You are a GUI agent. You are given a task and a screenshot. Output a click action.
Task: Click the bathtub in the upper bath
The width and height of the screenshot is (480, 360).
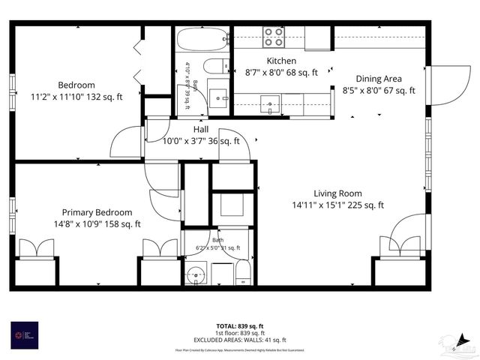[203, 38]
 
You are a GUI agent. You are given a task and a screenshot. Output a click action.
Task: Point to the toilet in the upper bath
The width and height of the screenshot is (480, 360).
[214, 66]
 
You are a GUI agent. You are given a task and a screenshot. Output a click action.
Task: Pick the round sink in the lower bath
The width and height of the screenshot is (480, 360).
[197, 274]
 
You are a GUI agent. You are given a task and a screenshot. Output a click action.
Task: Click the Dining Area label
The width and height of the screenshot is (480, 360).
[378, 79]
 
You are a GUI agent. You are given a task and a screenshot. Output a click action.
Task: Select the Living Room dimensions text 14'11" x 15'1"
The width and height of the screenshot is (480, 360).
[337, 205]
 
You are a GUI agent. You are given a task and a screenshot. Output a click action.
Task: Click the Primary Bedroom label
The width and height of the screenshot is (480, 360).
[97, 212]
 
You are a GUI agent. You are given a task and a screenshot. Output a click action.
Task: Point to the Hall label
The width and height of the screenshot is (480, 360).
[200, 129]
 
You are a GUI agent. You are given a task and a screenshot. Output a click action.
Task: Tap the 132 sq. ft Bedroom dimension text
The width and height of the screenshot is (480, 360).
[77, 97]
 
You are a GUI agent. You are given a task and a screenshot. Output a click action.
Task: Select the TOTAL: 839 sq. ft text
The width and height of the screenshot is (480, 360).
[240, 326]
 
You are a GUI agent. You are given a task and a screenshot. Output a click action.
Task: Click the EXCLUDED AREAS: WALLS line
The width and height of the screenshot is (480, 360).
[240, 340]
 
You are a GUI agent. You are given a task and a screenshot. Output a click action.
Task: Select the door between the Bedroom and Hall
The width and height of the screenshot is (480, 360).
[127, 141]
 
